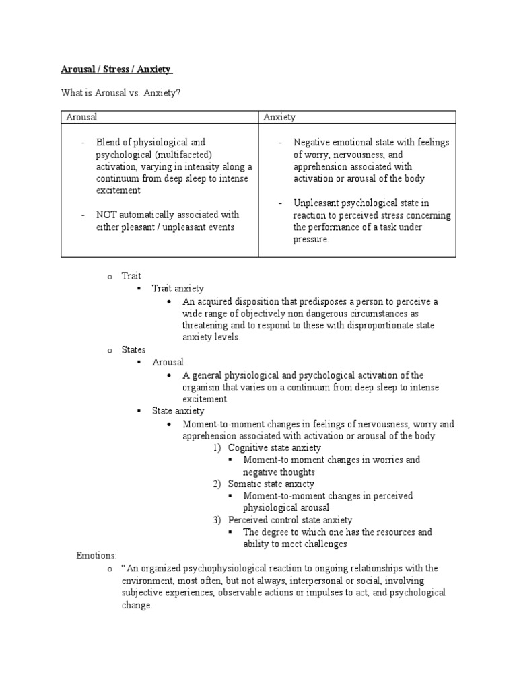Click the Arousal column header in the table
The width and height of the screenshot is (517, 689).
click(x=81, y=118)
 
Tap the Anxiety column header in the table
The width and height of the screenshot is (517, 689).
click(x=279, y=118)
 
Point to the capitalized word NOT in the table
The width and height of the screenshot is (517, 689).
click(x=109, y=215)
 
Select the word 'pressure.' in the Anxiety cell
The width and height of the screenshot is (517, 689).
click(x=311, y=240)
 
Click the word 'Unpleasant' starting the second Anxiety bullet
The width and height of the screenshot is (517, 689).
click(x=316, y=203)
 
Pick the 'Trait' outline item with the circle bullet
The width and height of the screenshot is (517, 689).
click(x=131, y=277)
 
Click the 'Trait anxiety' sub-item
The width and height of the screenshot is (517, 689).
click(x=178, y=289)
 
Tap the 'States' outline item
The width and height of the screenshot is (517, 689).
click(x=133, y=350)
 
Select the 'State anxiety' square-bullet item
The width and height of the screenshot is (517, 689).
click(x=178, y=411)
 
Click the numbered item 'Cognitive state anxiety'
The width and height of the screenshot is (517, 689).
click(x=274, y=447)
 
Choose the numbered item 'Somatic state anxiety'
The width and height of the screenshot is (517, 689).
click(x=271, y=484)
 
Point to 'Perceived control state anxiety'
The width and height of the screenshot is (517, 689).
click(x=290, y=520)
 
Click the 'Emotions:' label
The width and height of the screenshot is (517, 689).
click(x=96, y=556)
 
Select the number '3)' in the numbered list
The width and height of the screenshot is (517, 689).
click(x=217, y=520)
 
